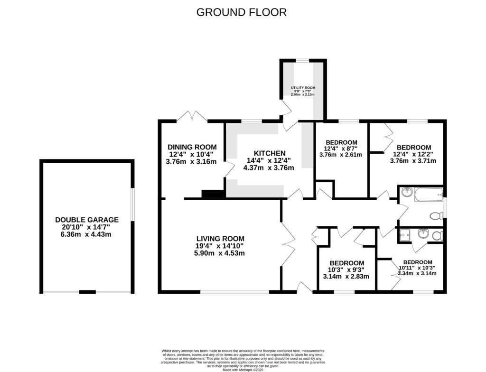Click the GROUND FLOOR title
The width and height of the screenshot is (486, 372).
pyautogui.click(x=242, y=12)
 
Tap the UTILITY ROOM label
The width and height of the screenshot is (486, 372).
pyautogui.click(x=303, y=88)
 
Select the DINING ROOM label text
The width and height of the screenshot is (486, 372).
pyautogui.click(x=192, y=147)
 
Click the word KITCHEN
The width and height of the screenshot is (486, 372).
pyautogui.click(x=270, y=153)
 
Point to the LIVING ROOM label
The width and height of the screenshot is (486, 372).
pyautogui.click(x=220, y=239)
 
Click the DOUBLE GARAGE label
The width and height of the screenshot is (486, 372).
pyautogui.click(x=87, y=220)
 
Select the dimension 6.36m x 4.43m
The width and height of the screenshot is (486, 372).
pyautogui.click(x=87, y=234)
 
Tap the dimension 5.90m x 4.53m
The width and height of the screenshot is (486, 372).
pyautogui.click(x=221, y=253)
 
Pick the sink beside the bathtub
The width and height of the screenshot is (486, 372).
pyautogui.click(x=406, y=193)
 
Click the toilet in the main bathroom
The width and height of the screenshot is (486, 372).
pyautogui.click(x=436, y=216)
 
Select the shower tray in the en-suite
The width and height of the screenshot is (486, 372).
pyautogui.click(x=404, y=235)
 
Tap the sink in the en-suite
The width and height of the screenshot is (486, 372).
pyautogui.click(x=423, y=233)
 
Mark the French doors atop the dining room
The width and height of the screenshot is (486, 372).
pyautogui.click(x=193, y=116)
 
